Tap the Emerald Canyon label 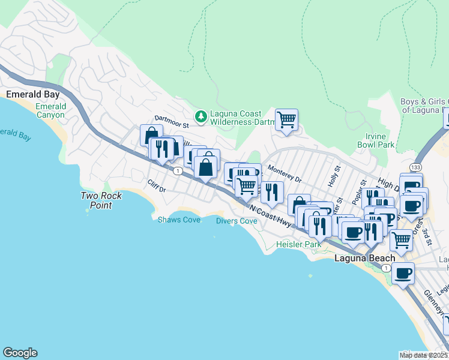click(50, 110)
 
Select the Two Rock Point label click(101, 200)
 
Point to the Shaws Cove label click(179, 220)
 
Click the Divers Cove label click(237, 221)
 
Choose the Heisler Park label click(298, 244)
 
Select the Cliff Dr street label click(156, 185)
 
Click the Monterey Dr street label click(284, 174)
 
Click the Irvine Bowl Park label click(375, 141)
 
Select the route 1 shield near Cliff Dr click(178, 171)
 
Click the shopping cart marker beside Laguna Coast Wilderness click(286, 119)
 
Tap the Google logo click(20, 353)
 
